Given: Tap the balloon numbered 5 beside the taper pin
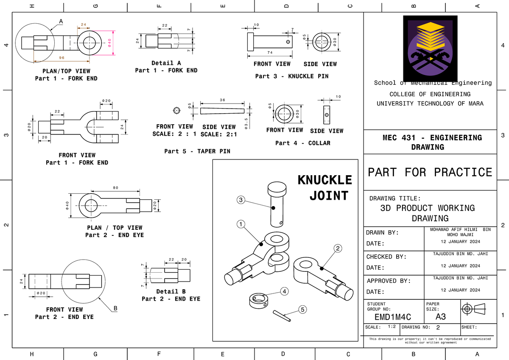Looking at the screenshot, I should (x=302, y=310).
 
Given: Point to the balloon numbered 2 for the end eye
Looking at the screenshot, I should (x=338, y=248).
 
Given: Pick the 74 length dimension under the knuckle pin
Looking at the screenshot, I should (x=270, y=53).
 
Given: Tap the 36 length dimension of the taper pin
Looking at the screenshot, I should (x=223, y=100).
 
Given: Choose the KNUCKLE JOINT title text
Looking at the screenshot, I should (x=325, y=187).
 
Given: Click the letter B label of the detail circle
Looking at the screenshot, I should (x=115, y=308).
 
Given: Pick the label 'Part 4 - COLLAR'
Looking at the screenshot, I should (x=302, y=143).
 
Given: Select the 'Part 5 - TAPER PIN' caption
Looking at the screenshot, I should (x=197, y=151).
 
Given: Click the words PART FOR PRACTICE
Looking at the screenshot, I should (x=430, y=172).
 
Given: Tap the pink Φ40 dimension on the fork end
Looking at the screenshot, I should (x=109, y=43).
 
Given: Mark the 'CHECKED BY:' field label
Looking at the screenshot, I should (x=386, y=257).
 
